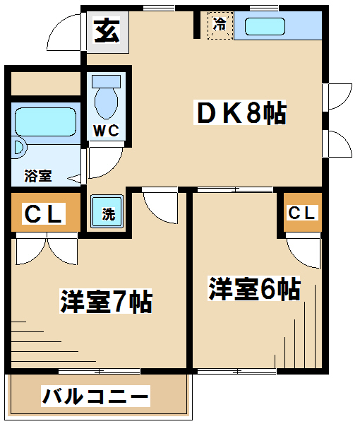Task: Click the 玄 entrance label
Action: point(107,31)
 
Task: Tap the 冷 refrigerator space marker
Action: point(220,25)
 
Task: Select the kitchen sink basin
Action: point(265,27)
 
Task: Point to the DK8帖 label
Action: point(240,112)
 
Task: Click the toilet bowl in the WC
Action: point(106,103)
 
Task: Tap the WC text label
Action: point(106,131)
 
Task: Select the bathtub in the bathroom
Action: point(45,122)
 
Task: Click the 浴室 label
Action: point(38,176)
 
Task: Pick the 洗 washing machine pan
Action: point(107,211)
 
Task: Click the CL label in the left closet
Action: point(44,213)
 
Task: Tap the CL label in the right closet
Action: point(301,213)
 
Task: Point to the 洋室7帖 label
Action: point(106,301)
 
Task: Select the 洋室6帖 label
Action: point(254,288)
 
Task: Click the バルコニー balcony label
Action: point(95,396)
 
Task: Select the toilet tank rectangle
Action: point(106,81)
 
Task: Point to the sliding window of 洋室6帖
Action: point(236,371)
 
